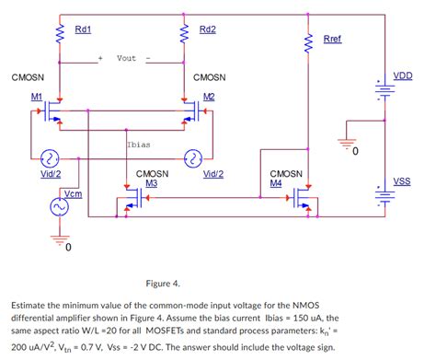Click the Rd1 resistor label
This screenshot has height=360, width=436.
pos(82,29)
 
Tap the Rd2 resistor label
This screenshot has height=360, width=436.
pos(207,29)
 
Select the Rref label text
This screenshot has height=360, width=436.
pos(333,39)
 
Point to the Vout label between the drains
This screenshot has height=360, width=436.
pos(127,58)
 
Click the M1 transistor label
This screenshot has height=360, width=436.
pos(36,96)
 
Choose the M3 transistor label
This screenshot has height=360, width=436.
pos(152,182)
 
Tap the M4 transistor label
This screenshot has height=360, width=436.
pos(275,182)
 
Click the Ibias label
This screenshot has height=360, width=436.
pos(139,145)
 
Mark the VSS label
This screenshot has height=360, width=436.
pos(402,181)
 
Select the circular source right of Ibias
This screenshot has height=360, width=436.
pos(193,158)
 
